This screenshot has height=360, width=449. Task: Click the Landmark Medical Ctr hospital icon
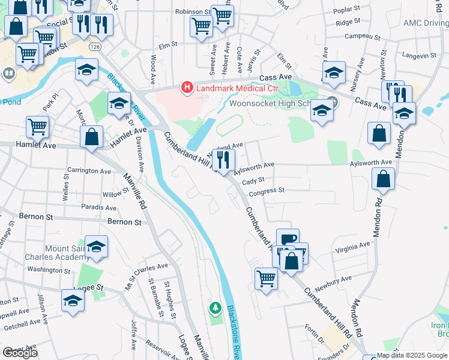point(187,88)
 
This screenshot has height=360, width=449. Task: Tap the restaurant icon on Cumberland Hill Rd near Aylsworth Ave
point(223,160)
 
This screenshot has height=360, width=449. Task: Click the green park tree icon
point(215,308)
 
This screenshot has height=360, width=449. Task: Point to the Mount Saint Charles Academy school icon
point(96,246)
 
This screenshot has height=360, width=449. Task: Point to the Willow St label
point(112,194)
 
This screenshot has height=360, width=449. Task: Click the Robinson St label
point(193,11)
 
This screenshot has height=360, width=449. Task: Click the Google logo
point(20,353)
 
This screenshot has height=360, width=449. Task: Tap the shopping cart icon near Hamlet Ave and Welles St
point(37,127)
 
